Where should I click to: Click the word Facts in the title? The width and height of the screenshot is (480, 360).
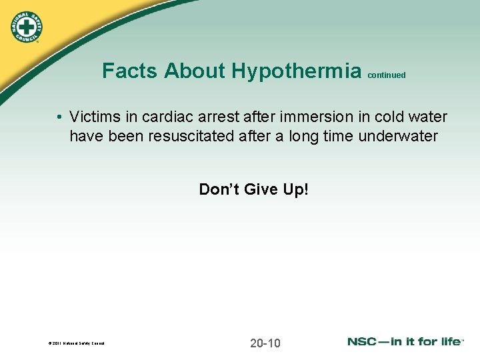point(131,71)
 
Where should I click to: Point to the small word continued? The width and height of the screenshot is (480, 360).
point(386,75)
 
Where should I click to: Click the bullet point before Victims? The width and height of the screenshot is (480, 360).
point(60,118)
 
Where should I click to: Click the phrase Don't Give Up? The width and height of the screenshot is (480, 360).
point(253,189)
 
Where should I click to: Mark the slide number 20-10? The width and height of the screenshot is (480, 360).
point(265,343)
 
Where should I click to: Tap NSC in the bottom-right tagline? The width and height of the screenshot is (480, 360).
point(363,341)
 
